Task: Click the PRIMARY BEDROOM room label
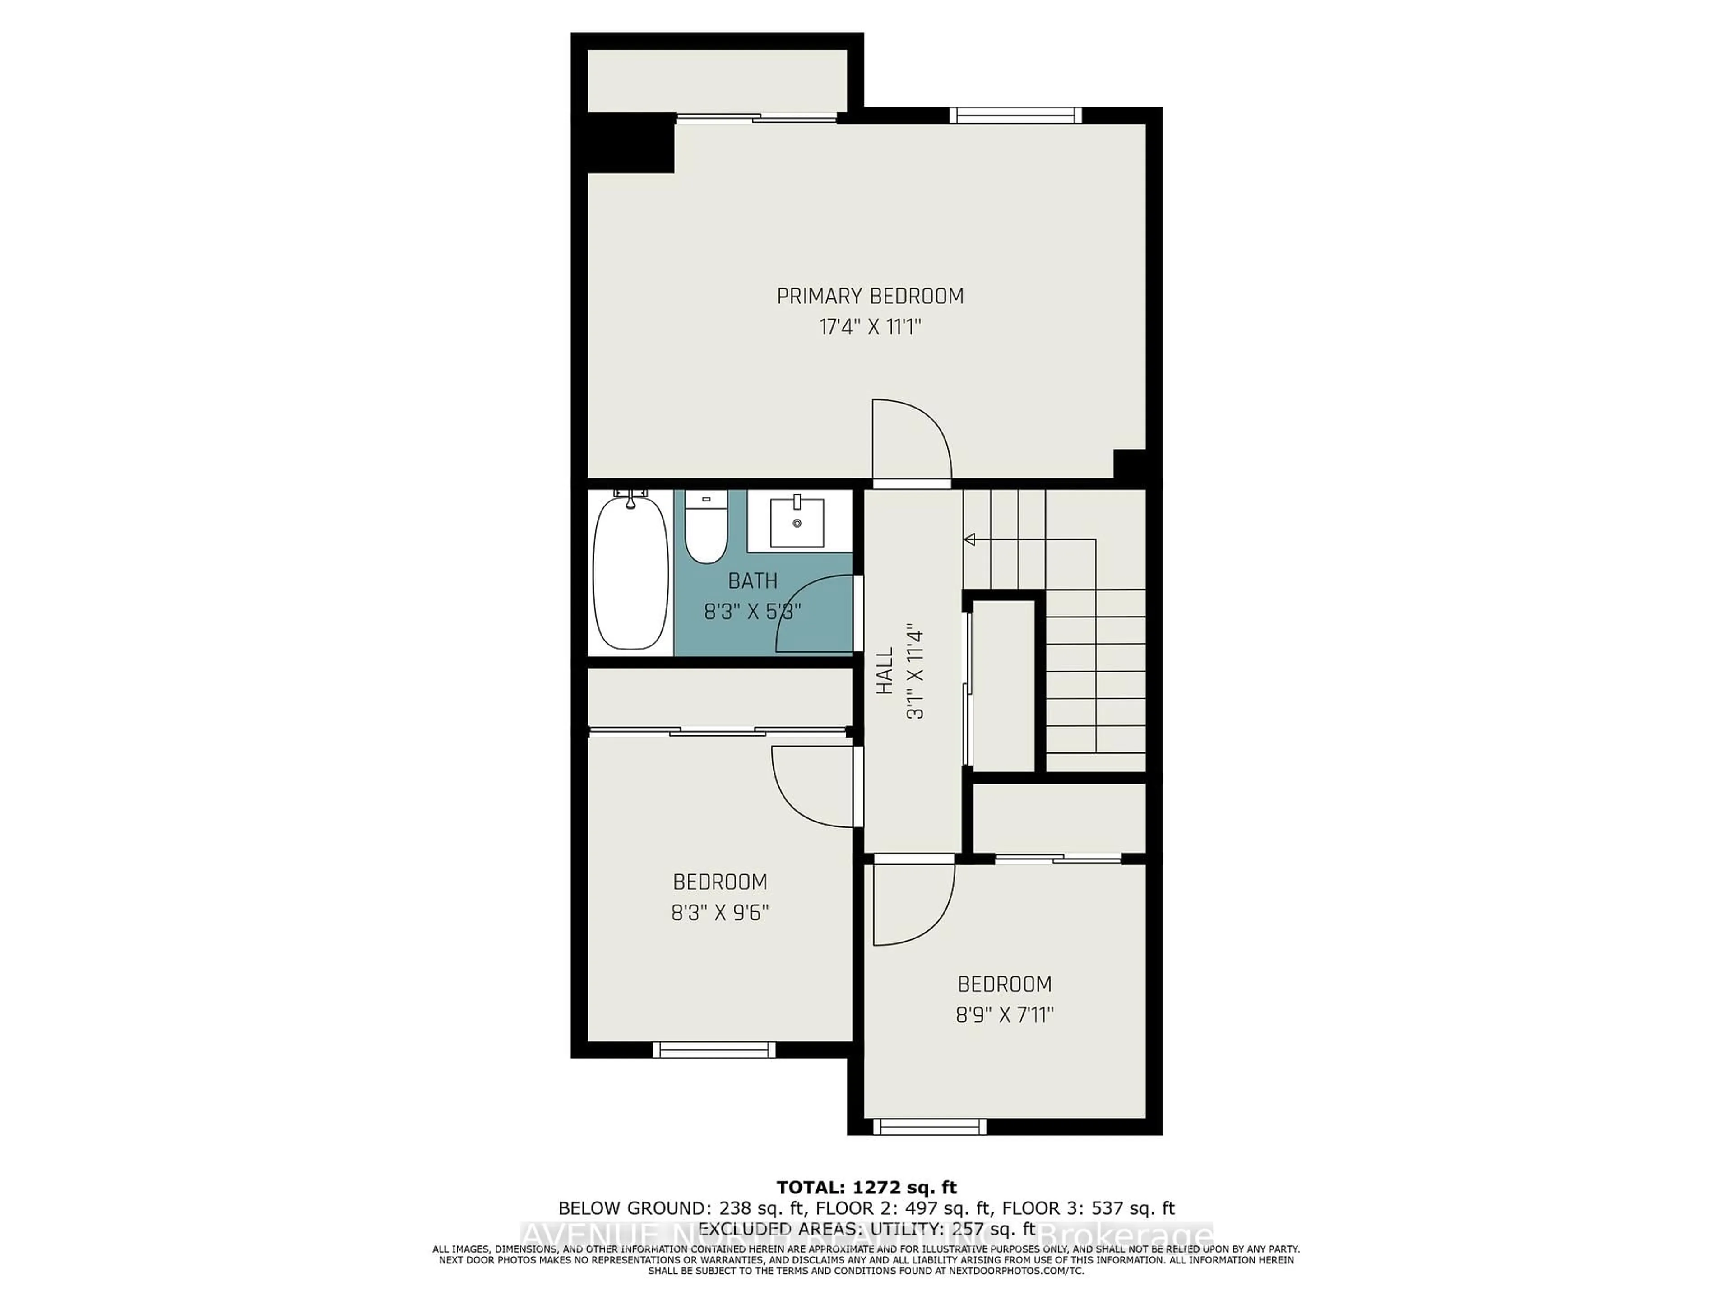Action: tap(870, 296)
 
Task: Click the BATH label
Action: tap(752, 580)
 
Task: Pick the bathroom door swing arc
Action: tap(815, 613)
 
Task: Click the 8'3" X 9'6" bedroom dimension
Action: tap(720, 913)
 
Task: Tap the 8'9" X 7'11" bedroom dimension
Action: tap(1005, 1015)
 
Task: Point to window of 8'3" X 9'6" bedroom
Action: tap(714, 1049)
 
